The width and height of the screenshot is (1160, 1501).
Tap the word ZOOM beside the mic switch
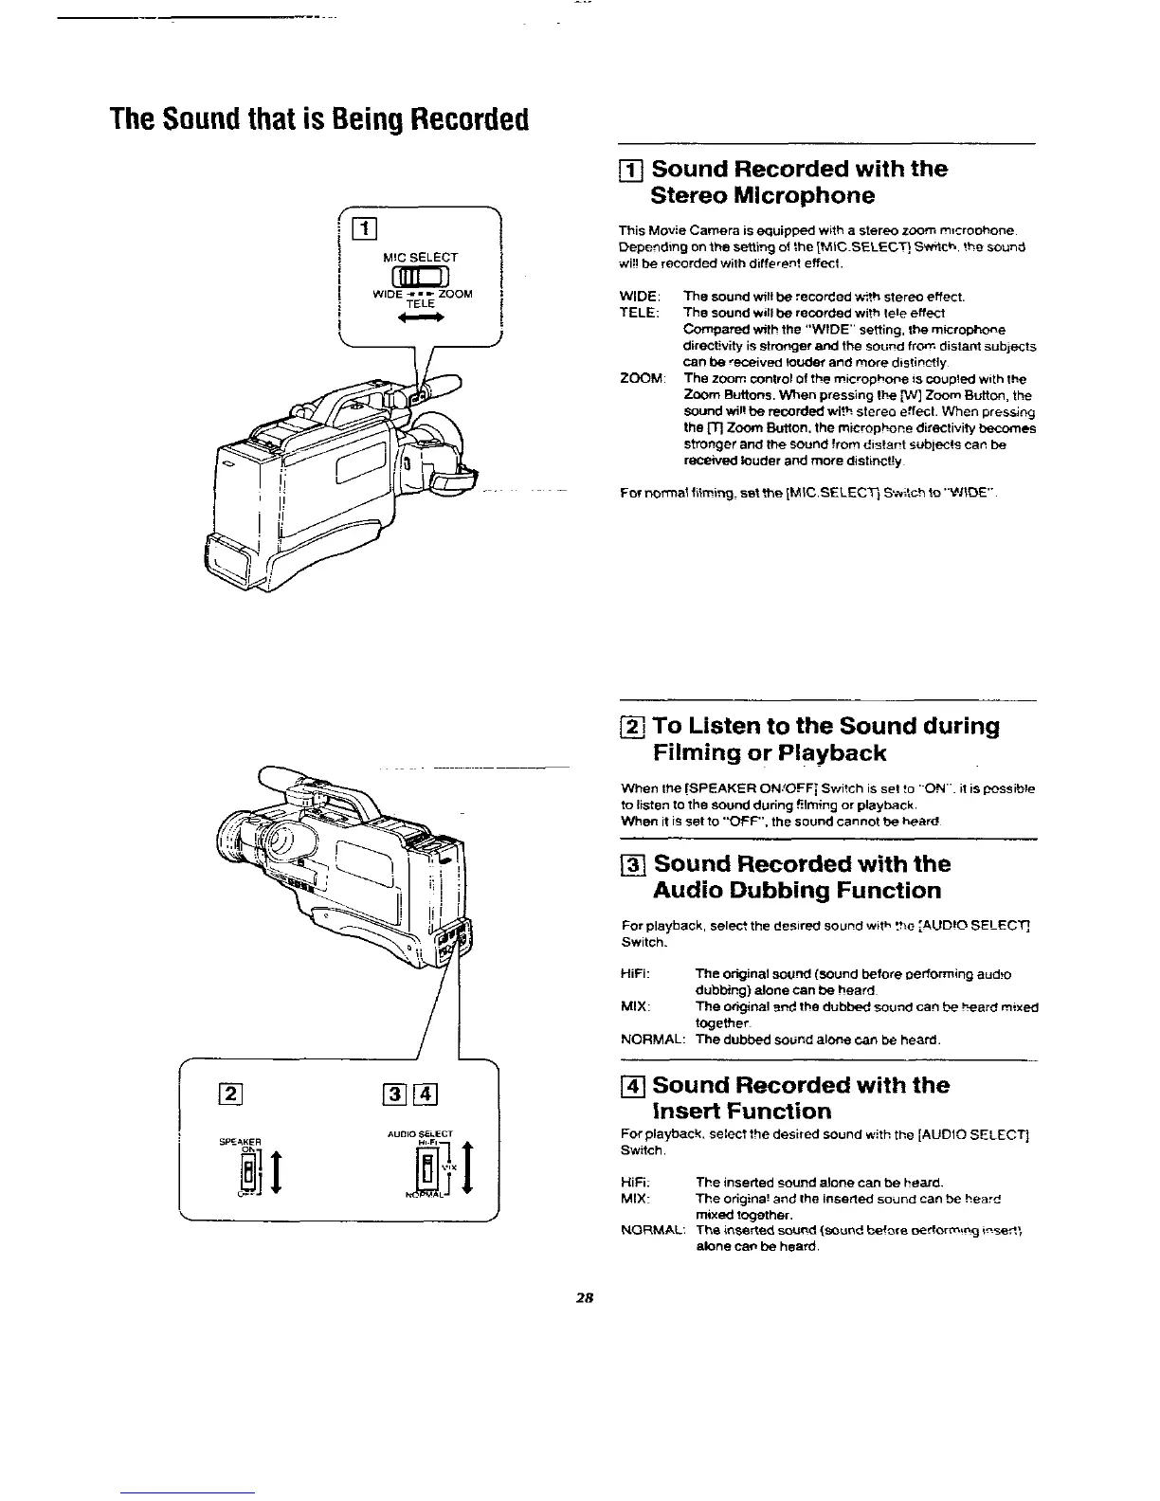click(455, 294)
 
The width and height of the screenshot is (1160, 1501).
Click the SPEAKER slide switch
click(248, 1175)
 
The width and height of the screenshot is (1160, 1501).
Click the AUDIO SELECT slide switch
click(427, 1172)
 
